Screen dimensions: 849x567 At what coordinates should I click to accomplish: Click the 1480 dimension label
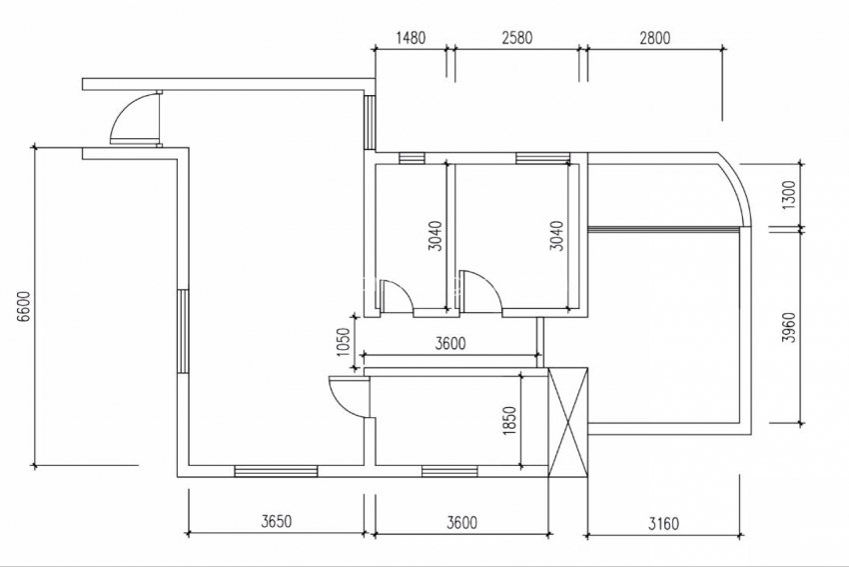(411, 38)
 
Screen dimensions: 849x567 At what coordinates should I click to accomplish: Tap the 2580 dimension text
(517, 38)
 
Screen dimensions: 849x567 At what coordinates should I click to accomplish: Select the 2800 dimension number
(654, 38)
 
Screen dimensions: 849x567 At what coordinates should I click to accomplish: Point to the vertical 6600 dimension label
(24, 307)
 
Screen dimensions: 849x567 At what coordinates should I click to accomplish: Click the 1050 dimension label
(345, 343)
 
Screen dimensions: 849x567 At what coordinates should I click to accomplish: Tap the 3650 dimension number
(276, 521)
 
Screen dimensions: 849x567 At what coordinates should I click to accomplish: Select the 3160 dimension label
(663, 524)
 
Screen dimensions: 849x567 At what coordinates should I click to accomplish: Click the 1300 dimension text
(790, 196)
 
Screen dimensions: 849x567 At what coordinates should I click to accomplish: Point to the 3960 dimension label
(790, 327)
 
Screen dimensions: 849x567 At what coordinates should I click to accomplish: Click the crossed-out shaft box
(568, 423)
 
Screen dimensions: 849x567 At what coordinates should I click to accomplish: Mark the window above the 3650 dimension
(276, 472)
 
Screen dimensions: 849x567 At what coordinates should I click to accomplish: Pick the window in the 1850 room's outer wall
(449, 472)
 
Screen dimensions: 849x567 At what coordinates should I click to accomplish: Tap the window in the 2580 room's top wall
(542, 158)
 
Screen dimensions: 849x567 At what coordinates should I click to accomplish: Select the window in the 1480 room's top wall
(413, 158)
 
